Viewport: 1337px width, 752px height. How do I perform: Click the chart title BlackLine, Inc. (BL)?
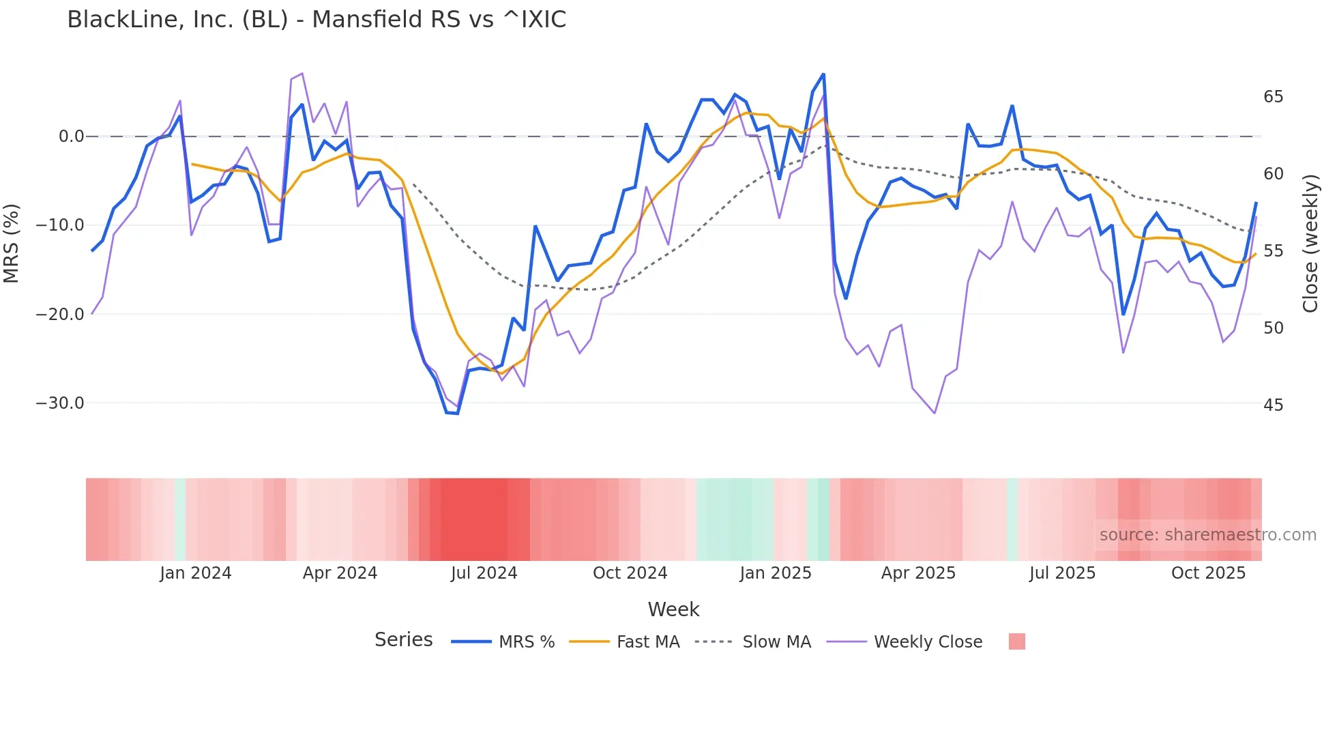(317, 20)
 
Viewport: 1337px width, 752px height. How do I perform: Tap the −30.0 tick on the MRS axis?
(60, 403)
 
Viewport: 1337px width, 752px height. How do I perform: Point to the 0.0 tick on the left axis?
(71, 136)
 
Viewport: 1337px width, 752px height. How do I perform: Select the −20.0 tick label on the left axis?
(60, 315)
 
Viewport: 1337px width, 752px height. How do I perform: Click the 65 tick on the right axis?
(1273, 97)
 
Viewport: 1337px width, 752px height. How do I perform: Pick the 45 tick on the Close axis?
(1273, 405)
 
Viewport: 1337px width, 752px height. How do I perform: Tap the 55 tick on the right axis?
(1273, 251)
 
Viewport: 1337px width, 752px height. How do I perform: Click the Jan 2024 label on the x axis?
(196, 573)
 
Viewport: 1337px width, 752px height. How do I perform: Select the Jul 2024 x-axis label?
(484, 573)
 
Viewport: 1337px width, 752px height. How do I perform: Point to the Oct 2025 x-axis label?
(1208, 573)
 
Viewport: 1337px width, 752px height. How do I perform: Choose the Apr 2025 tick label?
(918, 573)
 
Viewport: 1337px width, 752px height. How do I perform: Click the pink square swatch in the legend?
(1016, 641)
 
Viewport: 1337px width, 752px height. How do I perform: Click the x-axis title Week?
(673, 609)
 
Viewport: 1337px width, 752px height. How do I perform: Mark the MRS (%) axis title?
(12, 243)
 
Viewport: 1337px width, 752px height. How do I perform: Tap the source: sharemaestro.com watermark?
(1207, 535)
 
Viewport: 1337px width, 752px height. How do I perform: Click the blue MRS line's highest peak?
(823, 74)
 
